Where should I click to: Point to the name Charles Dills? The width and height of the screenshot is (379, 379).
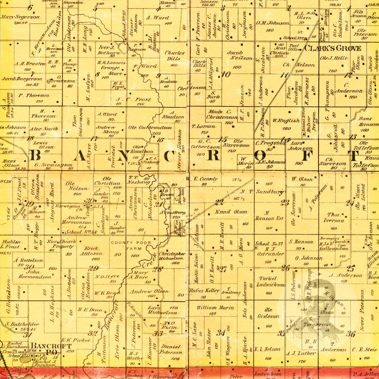tap(175, 56)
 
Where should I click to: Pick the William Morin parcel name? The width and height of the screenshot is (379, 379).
tap(215, 308)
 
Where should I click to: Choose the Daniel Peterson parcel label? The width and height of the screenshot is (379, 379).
tap(171, 349)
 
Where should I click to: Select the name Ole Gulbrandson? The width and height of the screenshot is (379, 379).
tap(150, 127)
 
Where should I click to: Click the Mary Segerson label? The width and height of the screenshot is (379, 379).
tap(20, 17)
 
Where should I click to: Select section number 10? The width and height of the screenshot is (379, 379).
tap(226, 74)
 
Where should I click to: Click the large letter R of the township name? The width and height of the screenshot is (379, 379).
tap(214, 155)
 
